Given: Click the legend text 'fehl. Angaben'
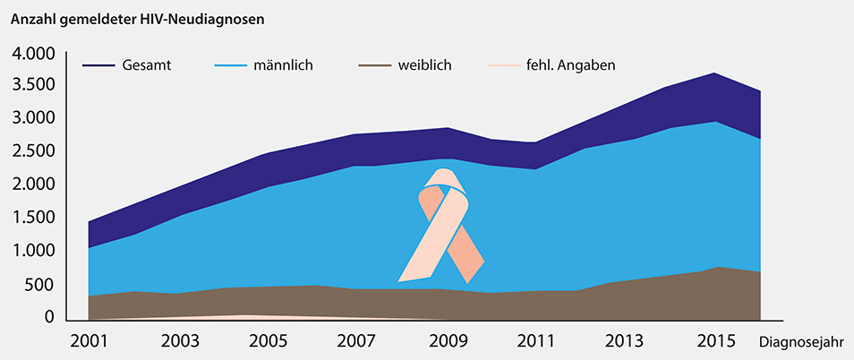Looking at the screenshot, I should [569, 65].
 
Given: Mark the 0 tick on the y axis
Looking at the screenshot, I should [50, 318].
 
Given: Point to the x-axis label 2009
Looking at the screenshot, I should [446, 342].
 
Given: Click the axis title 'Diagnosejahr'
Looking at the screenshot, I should [803, 343].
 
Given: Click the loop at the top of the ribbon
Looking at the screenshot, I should [446, 179].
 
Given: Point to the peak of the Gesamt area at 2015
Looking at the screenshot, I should [713, 74].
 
